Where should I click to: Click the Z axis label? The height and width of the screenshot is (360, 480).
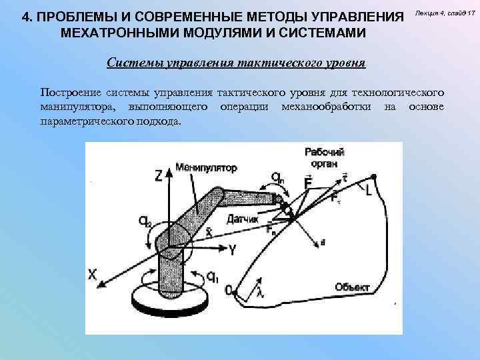(x=158, y=175)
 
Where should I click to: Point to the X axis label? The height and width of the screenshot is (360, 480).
(x=93, y=273)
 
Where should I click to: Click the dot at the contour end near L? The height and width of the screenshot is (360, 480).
(x=375, y=176)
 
